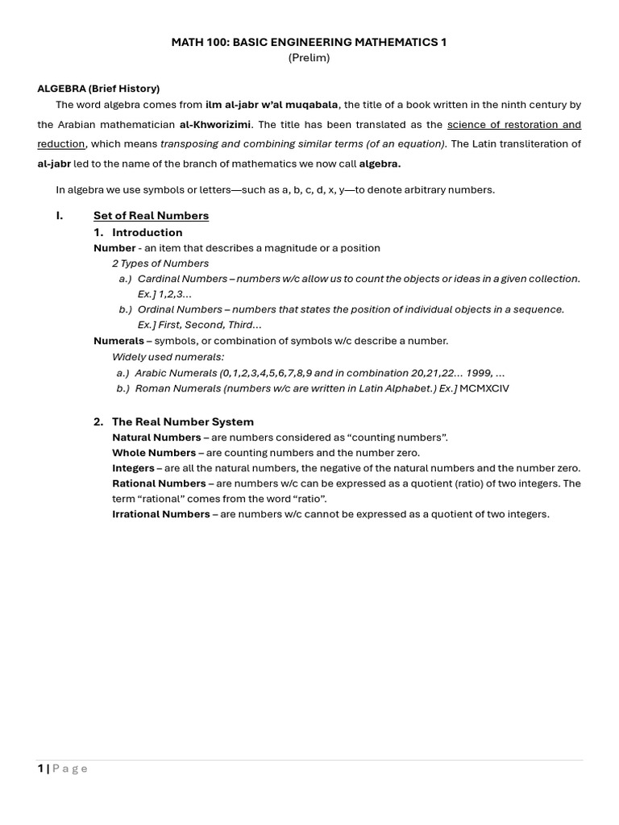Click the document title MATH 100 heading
309,42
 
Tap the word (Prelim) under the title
309,58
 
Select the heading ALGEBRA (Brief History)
98,89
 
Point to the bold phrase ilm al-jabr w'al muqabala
272,105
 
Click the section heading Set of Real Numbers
151,216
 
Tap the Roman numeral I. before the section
60,216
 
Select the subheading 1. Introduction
138,233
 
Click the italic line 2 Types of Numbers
160,263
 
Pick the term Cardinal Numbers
182,279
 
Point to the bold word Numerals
118,341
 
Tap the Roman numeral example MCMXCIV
484,388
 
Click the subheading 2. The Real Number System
173,422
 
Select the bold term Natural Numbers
156,437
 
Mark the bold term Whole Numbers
154,453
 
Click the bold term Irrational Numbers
160,514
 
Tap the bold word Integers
133,468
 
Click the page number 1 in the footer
40,769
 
